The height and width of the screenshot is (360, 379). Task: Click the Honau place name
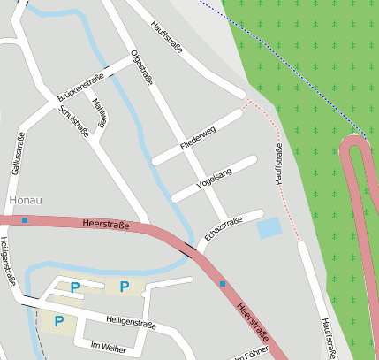tap(25, 200)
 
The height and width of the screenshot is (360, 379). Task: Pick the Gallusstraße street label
tap(17, 153)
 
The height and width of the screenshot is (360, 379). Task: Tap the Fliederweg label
tap(197, 136)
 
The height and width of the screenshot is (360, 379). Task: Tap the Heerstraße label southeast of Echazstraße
tap(254, 321)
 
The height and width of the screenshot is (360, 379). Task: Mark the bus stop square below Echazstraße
tap(223, 284)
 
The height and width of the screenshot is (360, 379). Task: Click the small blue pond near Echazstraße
tap(269, 228)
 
